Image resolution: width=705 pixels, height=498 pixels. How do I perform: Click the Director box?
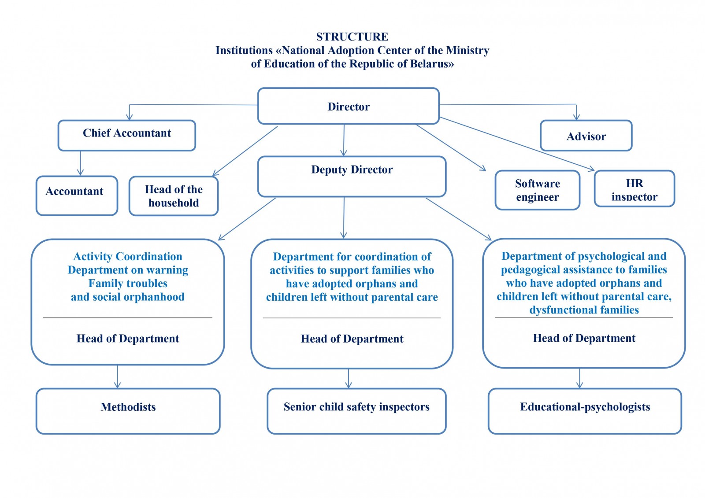tap(348, 106)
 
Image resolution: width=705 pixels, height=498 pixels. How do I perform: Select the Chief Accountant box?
tap(127, 135)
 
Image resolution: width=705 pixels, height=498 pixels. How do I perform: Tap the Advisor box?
tap(586, 136)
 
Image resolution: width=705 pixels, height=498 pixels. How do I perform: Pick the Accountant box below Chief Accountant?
tap(77, 196)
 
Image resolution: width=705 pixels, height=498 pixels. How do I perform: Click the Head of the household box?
tap(174, 196)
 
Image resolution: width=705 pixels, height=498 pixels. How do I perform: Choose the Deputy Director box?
tap(352, 176)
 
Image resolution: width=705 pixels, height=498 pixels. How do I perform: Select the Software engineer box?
tap(537, 190)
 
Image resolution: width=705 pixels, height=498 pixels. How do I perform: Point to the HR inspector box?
tap(634, 189)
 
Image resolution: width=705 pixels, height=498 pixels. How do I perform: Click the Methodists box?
tap(128, 411)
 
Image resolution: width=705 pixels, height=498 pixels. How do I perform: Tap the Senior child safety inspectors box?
tap(356, 411)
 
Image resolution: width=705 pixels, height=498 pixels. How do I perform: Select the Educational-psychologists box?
tap(585, 411)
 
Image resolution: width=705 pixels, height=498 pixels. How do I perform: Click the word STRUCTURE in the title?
tap(352, 37)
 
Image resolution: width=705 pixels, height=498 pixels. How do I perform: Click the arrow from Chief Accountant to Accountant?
tap(80, 163)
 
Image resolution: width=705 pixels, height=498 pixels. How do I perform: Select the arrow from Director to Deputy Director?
tap(344, 140)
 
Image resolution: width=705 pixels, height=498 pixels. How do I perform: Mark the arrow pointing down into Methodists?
tap(117, 377)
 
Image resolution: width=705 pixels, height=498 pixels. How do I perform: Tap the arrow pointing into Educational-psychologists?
tap(579, 378)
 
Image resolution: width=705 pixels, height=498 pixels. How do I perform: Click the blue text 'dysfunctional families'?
tap(584, 310)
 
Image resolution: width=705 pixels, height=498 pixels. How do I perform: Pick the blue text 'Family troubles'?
tap(128, 284)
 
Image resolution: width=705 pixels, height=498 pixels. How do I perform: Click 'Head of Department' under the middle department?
tap(352, 339)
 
